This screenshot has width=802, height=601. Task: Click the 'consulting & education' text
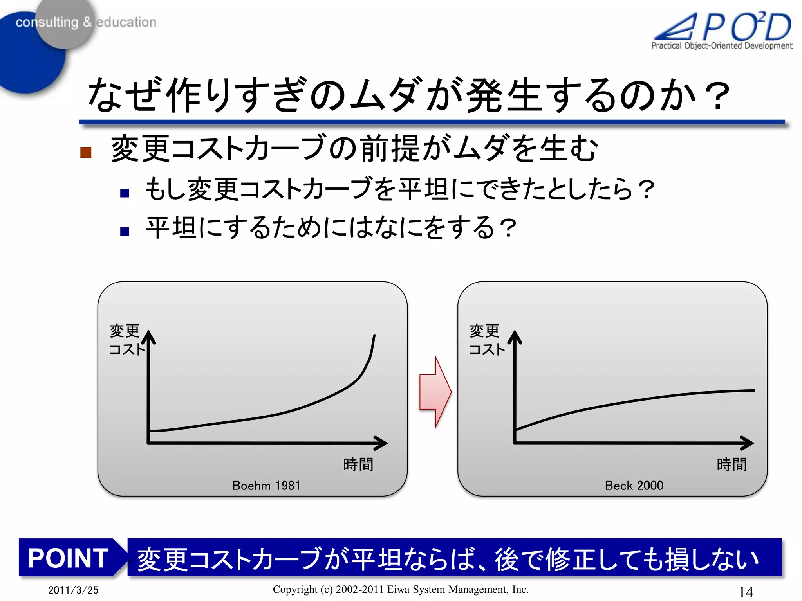tap(86, 22)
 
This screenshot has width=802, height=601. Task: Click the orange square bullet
tap(86, 152)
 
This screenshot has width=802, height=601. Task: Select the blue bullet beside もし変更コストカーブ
tap(125, 193)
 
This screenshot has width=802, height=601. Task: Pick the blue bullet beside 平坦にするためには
tap(125, 231)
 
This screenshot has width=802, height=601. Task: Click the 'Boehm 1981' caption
tap(266, 486)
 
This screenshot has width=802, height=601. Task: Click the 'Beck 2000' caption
tap(634, 486)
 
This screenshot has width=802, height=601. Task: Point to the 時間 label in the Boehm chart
tap(358, 464)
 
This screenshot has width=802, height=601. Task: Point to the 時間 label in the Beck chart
tap(732, 464)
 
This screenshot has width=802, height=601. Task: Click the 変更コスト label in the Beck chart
tap(486, 340)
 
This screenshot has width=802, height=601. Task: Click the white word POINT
tap(68, 558)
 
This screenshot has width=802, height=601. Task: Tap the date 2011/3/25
tap(73, 590)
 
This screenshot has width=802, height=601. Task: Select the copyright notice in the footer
tap(401, 589)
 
